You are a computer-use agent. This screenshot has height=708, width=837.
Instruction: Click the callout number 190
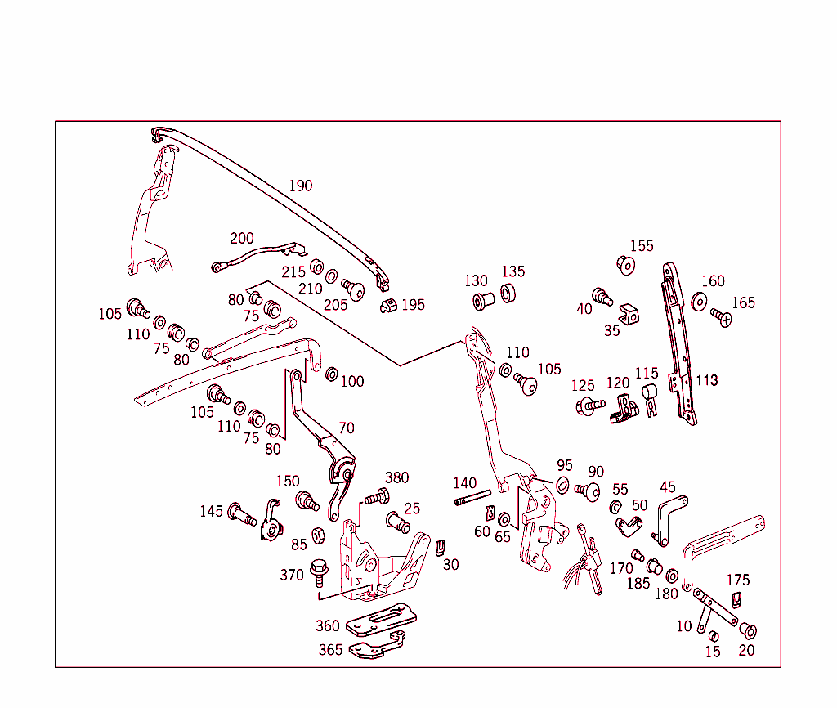pos(300,186)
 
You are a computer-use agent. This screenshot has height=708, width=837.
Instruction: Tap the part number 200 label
pos(241,238)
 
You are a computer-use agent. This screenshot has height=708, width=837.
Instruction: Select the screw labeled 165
pos(721,316)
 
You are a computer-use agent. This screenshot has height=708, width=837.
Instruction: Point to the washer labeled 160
pos(700,302)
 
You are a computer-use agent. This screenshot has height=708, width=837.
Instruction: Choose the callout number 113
pos(706,380)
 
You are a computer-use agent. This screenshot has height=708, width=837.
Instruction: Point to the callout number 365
pos(330,650)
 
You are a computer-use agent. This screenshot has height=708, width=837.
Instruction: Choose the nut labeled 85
pos(320,536)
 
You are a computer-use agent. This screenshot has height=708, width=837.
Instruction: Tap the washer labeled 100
pos(332,374)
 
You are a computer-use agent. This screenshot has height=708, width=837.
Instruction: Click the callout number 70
pos(347,428)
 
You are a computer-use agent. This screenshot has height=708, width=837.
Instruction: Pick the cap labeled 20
pos(748,630)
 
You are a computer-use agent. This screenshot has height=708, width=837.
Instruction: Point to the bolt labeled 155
pos(625,265)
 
